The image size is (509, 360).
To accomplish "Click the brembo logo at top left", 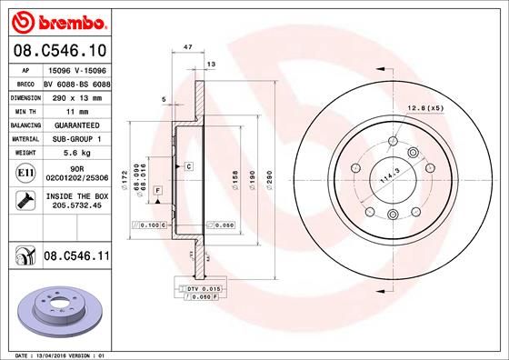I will (x=57, y=20).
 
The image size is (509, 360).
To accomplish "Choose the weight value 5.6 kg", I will (x=77, y=153).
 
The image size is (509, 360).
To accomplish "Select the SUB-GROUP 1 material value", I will (x=77, y=138).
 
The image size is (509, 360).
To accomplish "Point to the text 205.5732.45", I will (x=77, y=206).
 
